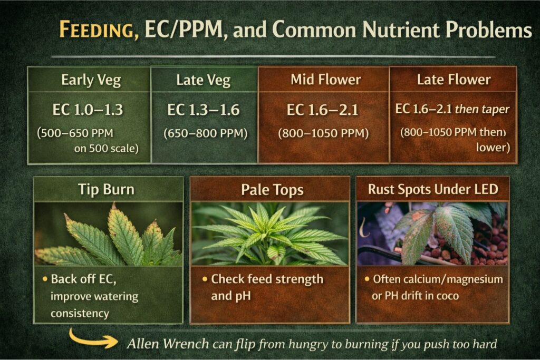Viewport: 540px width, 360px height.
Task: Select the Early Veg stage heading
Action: point(91,80)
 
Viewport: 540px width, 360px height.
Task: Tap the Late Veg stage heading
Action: point(204,81)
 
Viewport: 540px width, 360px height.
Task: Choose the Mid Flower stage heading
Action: point(325,80)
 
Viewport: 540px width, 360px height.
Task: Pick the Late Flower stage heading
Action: point(454,80)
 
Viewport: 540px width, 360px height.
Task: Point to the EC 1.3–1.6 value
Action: point(204,110)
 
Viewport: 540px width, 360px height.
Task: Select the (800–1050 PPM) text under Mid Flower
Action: point(324,133)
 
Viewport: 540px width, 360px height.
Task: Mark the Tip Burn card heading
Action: point(108,189)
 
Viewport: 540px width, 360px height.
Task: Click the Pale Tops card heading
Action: point(269,189)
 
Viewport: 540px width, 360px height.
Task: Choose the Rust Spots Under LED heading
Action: point(432,189)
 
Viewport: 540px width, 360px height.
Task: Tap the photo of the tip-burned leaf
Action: point(108,234)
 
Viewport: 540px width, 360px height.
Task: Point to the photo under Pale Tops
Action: point(269,234)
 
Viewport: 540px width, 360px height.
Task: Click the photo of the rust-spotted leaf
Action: point(432,234)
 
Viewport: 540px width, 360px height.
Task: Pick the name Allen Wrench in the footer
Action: point(168,344)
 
